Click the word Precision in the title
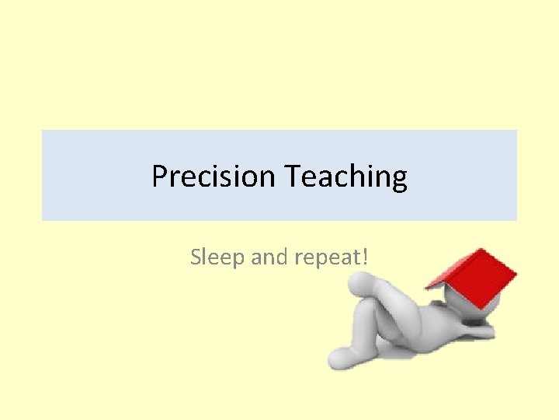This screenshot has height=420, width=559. point(214,177)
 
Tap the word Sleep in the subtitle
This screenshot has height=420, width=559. point(218,257)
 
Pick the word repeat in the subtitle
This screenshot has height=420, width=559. point(327,257)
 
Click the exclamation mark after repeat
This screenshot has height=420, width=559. point(364,256)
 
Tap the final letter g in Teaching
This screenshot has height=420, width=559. point(399,180)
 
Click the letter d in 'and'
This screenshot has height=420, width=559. point(284,257)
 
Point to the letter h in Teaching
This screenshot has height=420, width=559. point(353,177)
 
